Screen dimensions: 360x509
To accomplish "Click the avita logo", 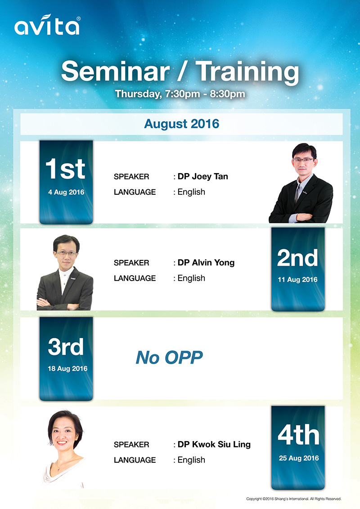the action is click(x=47, y=25).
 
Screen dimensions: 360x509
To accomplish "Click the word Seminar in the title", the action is click(x=115, y=71).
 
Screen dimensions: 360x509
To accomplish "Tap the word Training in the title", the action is click(x=247, y=72).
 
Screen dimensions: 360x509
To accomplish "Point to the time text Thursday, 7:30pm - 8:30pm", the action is click(x=180, y=94).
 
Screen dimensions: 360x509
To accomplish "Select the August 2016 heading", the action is click(x=182, y=124).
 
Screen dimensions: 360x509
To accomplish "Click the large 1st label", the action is click(x=66, y=169).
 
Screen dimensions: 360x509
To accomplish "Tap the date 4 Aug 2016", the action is click(x=66, y=192).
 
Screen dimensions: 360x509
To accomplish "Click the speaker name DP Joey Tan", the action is click(x=203, y=176).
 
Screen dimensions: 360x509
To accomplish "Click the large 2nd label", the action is click(x=297, y=258).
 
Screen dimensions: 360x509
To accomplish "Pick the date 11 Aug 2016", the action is click(x=297, y=280).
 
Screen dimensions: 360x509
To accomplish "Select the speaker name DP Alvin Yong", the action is click(x=206, y=263).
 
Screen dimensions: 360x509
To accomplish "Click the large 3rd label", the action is click(x=66, y=346).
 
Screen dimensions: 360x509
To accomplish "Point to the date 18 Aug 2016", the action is click(x=67, y=368).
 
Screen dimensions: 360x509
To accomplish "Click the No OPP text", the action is click(x=169, y=357).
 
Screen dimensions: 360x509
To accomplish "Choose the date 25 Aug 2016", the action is click(x=299, y=458).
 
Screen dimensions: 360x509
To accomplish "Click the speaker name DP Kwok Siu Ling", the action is click(x=214, y=444).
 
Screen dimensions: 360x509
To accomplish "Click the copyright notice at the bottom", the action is click(x=294, y=499).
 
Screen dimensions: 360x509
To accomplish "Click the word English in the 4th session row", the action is click(x=191, y=460).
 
